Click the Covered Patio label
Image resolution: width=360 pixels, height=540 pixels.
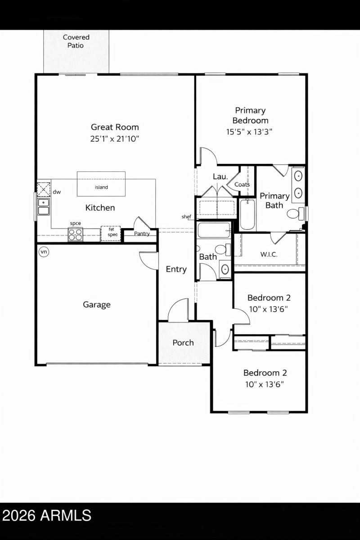[x=76, y=41]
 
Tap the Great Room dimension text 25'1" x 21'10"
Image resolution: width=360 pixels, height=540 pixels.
[x=115, y=139]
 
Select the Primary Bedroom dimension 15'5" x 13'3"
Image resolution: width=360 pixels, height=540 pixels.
[x=250, y=132]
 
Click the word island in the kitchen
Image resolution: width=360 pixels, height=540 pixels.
[x=101, y=187]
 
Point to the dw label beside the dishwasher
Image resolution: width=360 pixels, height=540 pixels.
[x=57, y=192]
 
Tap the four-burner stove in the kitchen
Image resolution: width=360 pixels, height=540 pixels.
[x=75, y=234]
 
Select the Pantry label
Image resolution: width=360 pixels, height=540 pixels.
[x=142, y=234]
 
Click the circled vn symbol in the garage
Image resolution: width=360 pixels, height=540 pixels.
[x=44, y=252]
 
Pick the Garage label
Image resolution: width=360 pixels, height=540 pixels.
[x=96, y=305]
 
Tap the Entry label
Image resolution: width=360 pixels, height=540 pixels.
[x=176, y=269]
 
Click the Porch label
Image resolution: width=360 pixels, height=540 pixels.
[x=183, y=342]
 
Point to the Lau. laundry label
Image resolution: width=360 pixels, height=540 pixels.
[x=220, y=177]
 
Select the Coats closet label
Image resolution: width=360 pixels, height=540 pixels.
[x=242, y=184]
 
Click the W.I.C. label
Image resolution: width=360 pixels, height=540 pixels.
[x=269, y=254]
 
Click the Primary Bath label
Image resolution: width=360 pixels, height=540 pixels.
[x=274, y=200]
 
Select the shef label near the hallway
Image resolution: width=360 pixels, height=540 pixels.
[x=186, y=216]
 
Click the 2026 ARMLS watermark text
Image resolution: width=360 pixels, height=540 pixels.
[x=46, y=515]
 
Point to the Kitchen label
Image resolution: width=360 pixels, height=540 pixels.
[x=100, y=207]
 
